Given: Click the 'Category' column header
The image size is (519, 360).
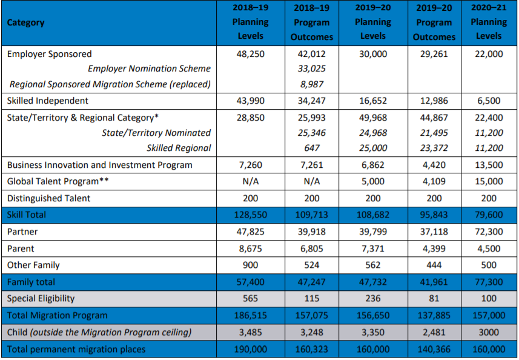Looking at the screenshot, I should (26, 22).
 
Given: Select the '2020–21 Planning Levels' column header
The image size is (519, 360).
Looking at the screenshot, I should (489, 22).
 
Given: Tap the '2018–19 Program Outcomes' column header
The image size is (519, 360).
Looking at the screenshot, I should (312, 22).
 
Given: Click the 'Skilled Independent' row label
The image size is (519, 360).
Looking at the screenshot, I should (48, 101).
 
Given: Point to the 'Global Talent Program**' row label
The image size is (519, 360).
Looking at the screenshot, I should (53, 181).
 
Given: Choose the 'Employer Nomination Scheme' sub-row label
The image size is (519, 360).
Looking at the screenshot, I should (149, 68).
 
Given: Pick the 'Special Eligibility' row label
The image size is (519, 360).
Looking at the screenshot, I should (41, 298).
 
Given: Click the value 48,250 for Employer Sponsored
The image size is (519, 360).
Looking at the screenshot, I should (250, 54).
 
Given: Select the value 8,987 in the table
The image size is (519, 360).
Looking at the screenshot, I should (312, 84).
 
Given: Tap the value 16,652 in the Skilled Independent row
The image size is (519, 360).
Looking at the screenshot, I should (372, 101).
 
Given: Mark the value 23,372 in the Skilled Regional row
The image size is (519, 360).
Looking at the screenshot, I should (434, 148).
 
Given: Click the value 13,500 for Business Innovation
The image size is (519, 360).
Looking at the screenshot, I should (489, 165).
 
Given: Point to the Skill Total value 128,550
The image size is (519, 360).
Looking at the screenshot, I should (250, 215).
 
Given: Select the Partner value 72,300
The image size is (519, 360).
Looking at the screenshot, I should (489, 232).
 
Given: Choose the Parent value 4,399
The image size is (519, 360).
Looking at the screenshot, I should (434, 248).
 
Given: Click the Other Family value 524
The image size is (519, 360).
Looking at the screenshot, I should (312, 265).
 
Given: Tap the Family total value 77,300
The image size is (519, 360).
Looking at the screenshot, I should (489, 282).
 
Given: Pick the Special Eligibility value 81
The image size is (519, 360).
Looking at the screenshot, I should (434, 298).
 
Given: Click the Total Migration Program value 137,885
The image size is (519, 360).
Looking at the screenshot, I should (434, 315).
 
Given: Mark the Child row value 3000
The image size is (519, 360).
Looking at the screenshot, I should (489, 332).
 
